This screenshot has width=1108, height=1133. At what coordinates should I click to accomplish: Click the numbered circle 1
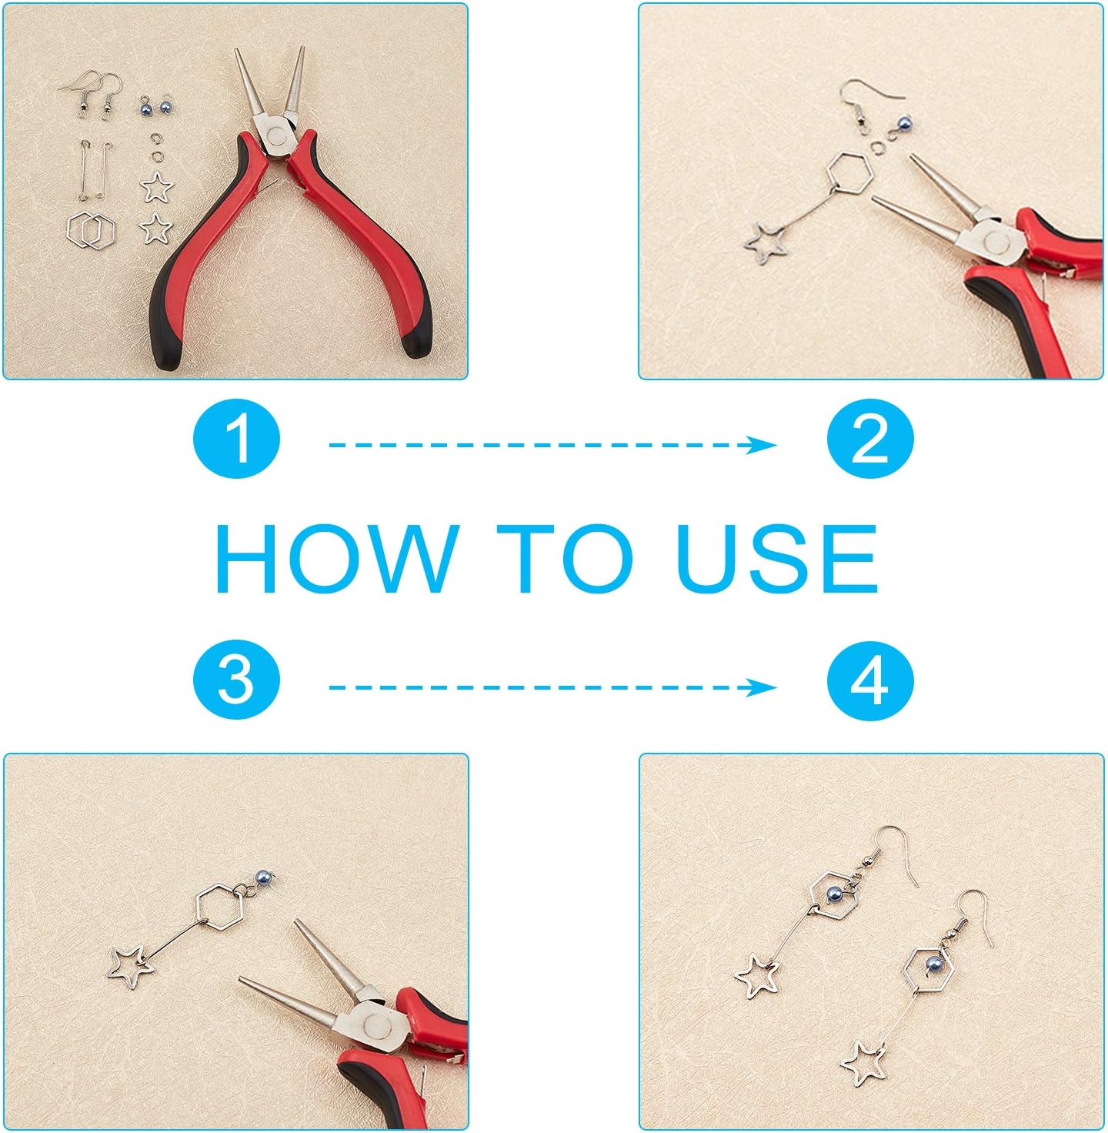(x=236, y=439)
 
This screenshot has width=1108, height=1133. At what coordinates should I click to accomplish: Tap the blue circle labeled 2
(x=870, y=439)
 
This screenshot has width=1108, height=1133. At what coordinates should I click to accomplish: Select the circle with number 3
(x=236, y=682)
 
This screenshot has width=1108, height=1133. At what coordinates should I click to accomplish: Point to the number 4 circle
(x=870, y=682)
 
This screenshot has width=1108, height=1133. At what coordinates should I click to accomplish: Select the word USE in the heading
(x=776, y=558)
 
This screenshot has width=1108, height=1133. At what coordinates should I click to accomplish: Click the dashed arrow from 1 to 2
(x=552, y=445)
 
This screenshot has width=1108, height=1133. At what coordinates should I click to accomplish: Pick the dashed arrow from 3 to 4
(x=552, y=687)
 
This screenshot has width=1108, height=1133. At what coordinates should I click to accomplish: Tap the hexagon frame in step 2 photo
(x=850, y=173)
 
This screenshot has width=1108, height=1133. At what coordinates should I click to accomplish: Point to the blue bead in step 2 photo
(x=904, y=123)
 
